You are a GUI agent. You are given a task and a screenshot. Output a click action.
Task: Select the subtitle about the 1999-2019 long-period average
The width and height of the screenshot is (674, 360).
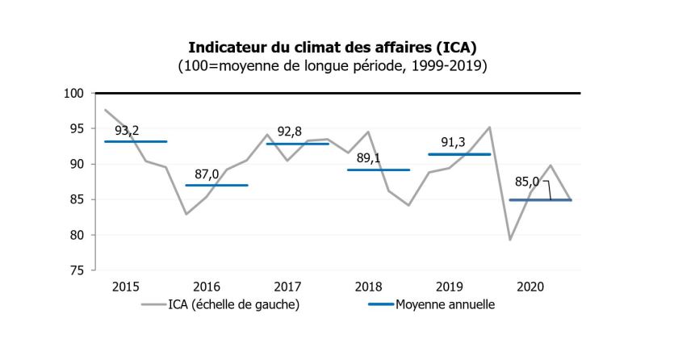point(337,65)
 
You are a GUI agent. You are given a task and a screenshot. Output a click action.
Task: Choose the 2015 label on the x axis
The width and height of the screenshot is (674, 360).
point(127,287)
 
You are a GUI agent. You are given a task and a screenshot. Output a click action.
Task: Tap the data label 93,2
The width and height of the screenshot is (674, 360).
point(127,129)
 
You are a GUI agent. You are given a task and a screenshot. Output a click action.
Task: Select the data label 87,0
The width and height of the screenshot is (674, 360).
point(208,174)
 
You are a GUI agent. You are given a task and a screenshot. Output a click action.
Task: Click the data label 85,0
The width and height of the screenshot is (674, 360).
point(529,182)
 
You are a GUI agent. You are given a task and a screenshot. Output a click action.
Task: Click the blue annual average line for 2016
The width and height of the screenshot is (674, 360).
point(216,186)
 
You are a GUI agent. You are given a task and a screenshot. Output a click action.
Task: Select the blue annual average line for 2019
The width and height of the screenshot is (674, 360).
point(459,154)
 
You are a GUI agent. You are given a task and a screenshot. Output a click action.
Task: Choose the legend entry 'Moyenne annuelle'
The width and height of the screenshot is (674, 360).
point(445,304)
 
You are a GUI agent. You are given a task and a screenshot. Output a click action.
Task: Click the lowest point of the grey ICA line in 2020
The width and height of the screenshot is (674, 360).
point(511,240)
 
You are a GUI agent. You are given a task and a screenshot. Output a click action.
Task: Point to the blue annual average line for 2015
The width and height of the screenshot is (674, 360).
point(136,141)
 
